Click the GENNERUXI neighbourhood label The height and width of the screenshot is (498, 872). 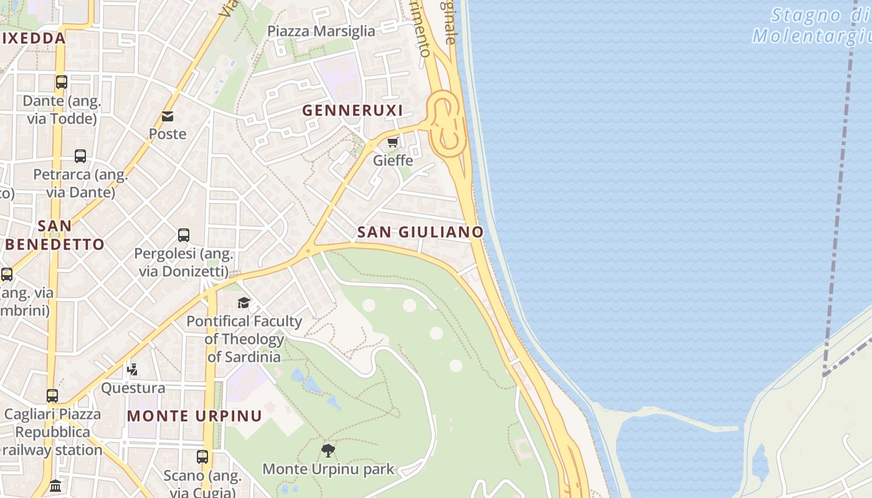pos(353,111)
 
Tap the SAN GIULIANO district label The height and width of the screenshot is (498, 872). pos(420,232)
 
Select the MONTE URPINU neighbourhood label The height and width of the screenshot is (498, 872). pos(194,416)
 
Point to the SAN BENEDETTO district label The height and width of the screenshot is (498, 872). pos(55,235)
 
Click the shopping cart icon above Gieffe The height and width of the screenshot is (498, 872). pos(392,143)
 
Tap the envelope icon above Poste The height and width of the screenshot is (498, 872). pos(168,116)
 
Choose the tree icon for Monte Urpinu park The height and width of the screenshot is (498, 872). pos(328,450)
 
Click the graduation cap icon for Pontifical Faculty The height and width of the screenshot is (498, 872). pos(244,303)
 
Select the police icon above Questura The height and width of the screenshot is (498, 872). pos(132,370)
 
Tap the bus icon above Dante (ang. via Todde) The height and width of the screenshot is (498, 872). pos(62,82)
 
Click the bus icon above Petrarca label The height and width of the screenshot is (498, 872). pos(80,156)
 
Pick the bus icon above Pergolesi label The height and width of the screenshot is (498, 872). pos(184,235)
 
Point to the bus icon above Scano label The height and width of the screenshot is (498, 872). pos(202,457)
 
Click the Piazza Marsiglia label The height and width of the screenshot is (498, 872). pos(321,31)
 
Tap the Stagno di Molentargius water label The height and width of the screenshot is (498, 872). pos(813,26)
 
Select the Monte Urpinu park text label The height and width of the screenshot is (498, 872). pos(328,469)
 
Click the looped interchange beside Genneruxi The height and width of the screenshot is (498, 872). pos(447,125)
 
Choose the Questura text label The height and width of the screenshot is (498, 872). pos(133,388)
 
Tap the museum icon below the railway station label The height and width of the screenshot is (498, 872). pos(55,486)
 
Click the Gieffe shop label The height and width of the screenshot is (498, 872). pos(393,161)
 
